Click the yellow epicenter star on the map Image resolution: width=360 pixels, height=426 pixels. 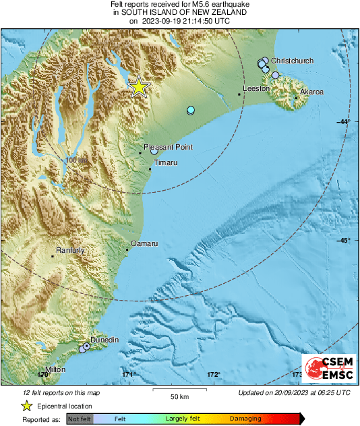pos(138,86)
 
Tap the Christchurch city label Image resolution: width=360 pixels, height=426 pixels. pos(292,61)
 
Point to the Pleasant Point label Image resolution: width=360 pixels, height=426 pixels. pos(169,146)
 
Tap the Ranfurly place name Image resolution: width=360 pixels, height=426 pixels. pos(69,250)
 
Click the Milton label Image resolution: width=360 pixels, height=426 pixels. pos(55,370)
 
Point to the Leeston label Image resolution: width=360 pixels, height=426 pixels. pos(256,88)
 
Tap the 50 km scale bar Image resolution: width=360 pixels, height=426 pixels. pos(179,390)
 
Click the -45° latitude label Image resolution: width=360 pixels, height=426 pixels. pos(344,241)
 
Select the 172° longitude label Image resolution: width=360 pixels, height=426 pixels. pos(214,374)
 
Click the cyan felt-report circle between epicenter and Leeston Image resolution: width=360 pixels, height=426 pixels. pos(191,110)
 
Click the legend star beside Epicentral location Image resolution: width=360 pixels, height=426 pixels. pos(26,406)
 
